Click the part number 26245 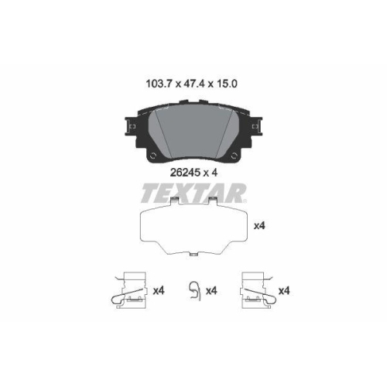184,173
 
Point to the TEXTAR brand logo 193,192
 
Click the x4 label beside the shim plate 260,226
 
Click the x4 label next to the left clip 159,291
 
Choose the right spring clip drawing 257,291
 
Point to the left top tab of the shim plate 177,205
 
